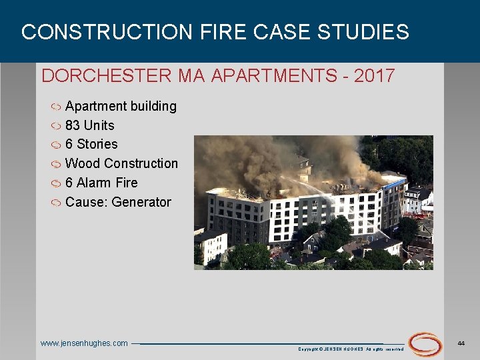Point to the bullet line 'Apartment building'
[x=121, y=106]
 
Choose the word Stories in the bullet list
[x=97, y=144]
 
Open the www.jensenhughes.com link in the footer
[x=84, y=343]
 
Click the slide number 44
[x=461, y=342]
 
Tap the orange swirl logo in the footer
[x=425, y=344]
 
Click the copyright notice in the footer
[x=351, y=349]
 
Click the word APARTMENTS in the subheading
[x=274, y=75]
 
